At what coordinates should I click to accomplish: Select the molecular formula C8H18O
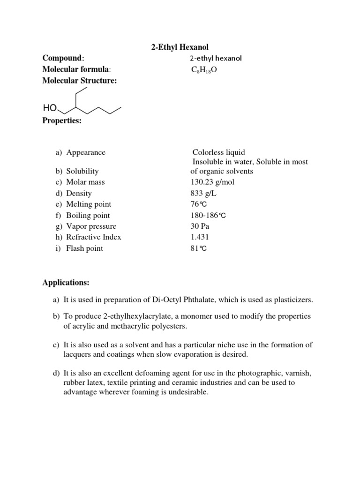click(204, 70)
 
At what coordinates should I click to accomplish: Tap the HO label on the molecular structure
click(50, 108)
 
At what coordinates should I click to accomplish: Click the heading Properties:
click(62, 120)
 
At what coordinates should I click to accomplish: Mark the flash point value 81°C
click(198, 248)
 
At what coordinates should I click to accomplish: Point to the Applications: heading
click(66, 283)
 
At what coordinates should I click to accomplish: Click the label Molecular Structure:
click(80, 81)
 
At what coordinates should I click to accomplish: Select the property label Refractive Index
click(94, 237)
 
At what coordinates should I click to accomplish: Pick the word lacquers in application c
click(78, 354)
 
